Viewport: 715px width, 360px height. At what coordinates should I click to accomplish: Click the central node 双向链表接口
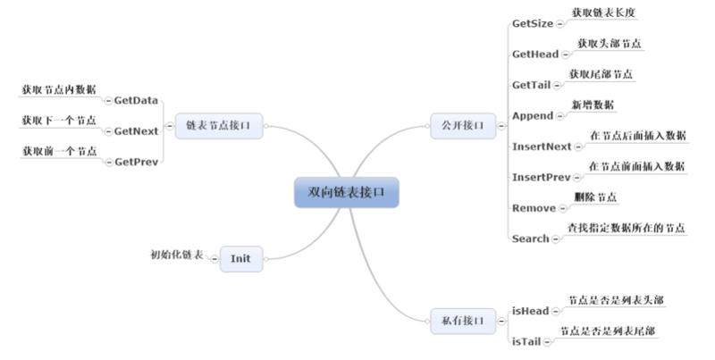(347, 191)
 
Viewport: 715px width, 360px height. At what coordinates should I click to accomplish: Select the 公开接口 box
(463, 126)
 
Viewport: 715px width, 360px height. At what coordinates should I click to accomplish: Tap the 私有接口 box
(463, 320)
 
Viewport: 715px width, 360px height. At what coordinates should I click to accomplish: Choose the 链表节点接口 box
(219, 126)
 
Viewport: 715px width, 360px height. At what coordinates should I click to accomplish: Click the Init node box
(240, 258)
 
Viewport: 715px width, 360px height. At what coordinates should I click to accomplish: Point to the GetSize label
(533, 23)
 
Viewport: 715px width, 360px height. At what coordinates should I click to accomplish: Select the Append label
(534, 116)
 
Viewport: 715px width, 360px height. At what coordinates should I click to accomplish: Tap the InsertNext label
(542, 147)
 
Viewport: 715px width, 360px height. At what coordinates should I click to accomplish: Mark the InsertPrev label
(542, 177)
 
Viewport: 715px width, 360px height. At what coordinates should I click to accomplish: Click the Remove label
(534, 208)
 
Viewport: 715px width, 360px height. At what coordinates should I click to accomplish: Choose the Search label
(531, 239)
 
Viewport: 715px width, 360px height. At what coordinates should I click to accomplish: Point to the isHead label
(530, 311)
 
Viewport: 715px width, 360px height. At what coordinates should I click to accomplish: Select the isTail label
(527, 341)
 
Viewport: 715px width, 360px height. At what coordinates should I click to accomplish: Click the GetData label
(137, 100)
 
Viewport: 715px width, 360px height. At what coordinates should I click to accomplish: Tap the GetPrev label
(137, 162)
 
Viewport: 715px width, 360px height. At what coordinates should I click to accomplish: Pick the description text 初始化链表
(177, 255)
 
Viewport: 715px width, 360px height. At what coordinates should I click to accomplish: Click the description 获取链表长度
(603, 13)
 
